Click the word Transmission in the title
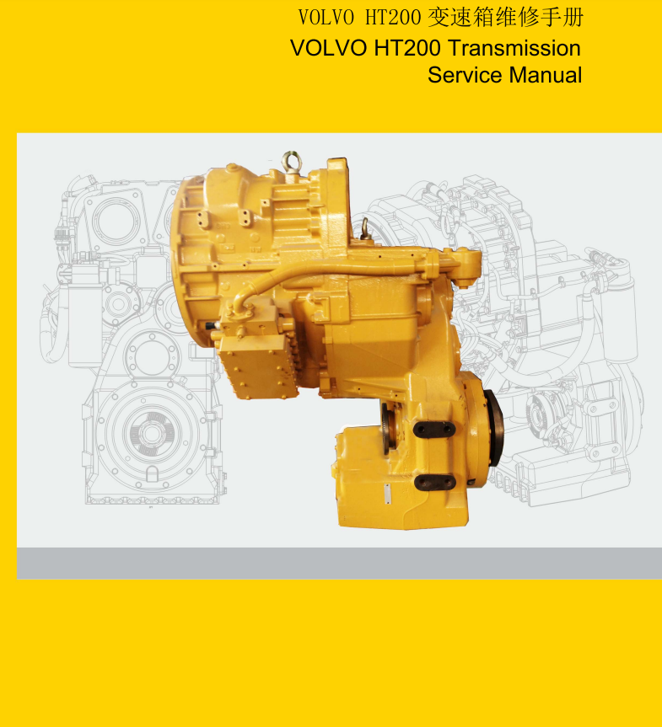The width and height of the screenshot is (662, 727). point(514,48)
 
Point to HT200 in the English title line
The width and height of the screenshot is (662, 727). point(407,48)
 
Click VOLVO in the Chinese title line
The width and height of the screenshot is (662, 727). point(326,18)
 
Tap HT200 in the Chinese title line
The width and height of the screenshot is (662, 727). point(393,18)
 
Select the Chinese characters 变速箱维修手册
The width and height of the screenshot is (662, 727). point(505,18)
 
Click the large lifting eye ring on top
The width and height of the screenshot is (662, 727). point(291,162)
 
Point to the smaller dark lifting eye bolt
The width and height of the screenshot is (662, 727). point(366,229)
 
